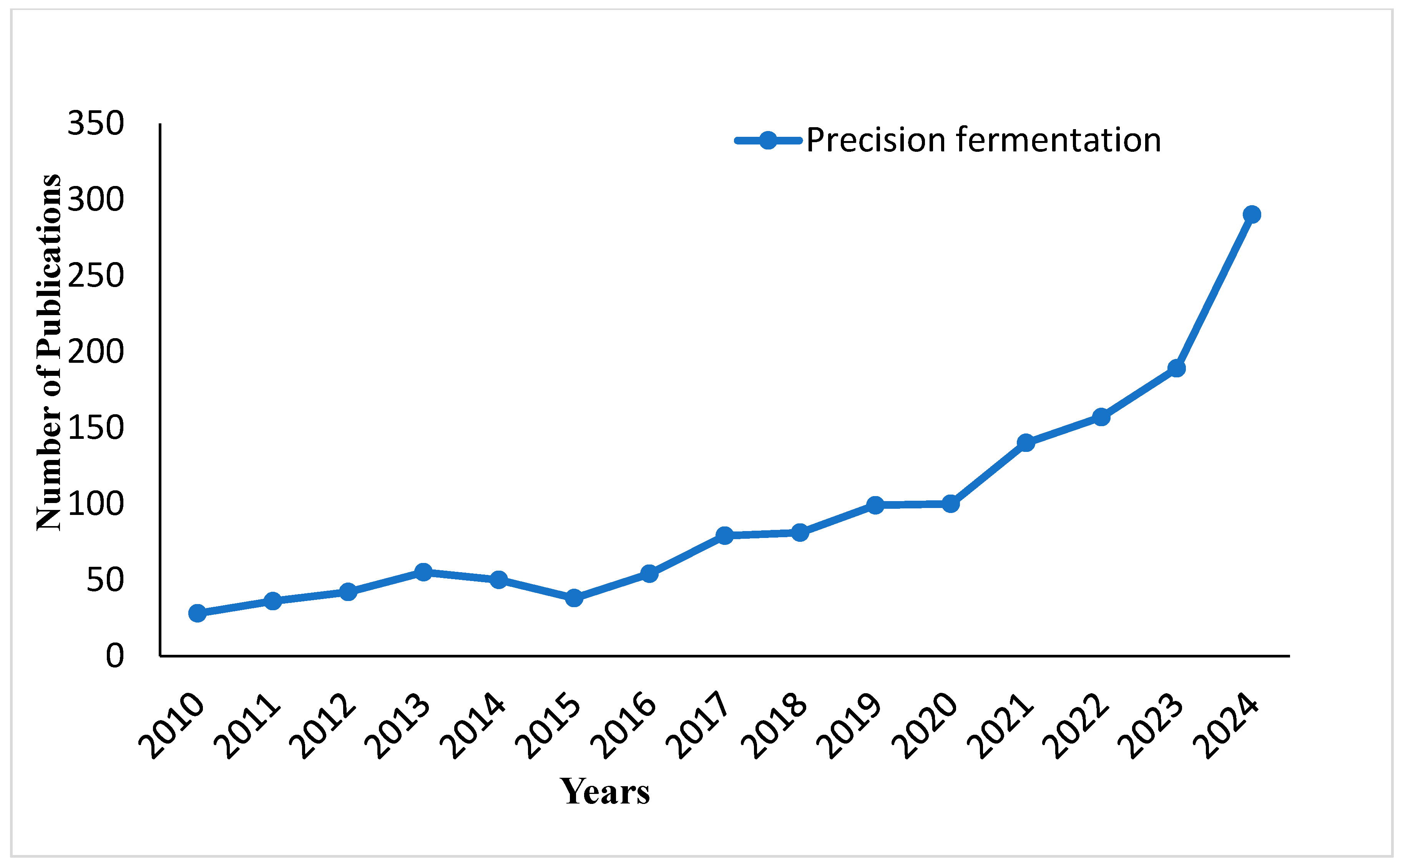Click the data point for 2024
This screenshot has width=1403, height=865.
(x=1252, y=214)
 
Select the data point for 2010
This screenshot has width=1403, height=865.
(x=197, y=613)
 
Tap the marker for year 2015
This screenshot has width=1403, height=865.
(x=574, y=598)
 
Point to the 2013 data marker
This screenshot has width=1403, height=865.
(x=423, y=571)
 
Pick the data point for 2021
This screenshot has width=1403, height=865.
(x=1026, y=442)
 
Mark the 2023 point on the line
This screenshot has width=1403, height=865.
(x=1176, y=368)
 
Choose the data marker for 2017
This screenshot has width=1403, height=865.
(x=724, y=535)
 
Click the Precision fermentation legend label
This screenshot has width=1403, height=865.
(x=983, y=140)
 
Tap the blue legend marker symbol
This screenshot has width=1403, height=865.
(x=767, y=140)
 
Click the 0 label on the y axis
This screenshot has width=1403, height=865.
(x=115, y=656)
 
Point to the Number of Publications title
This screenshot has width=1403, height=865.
(x=49, y=352)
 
